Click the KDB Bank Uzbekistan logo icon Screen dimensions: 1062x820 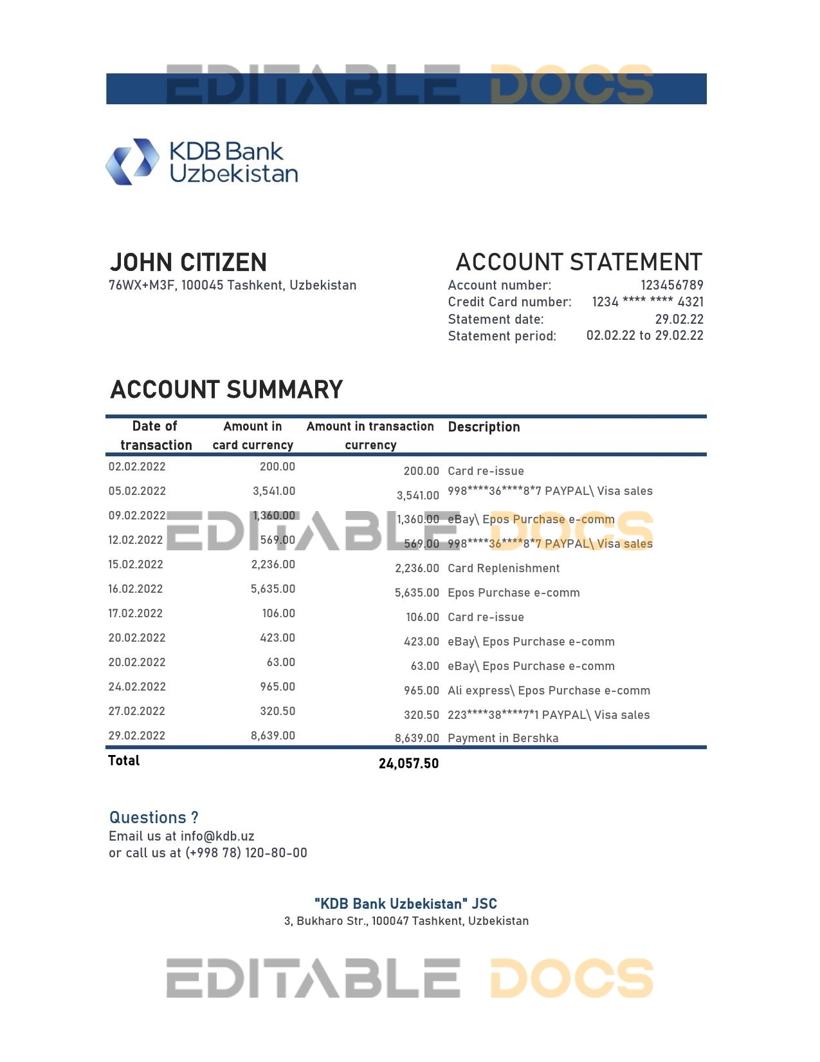[132, 162]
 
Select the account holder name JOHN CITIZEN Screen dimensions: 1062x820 [188, 263]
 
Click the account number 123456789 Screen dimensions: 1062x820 [671, 285]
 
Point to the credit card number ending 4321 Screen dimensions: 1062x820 [648, 302]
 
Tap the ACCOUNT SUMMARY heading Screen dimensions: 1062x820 [226, 390]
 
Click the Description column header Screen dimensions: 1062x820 [484, 427]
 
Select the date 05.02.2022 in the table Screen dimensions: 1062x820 [137, 491]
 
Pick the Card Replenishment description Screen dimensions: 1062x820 [504, 568]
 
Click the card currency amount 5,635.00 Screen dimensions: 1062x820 [273, 589]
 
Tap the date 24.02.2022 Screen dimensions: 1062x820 [137, 687]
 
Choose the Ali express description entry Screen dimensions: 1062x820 [549, 691]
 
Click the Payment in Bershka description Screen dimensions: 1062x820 [503, 738]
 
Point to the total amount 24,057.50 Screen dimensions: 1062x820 [408, 763]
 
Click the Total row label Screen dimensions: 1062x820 [124, 761]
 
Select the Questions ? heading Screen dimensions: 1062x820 [154, 817]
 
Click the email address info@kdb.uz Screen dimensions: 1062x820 [217, 836]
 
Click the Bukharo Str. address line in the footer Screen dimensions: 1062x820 [406, 921]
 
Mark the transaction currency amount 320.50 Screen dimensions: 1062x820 [421, 715]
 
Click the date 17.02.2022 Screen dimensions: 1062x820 [136, 613]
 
